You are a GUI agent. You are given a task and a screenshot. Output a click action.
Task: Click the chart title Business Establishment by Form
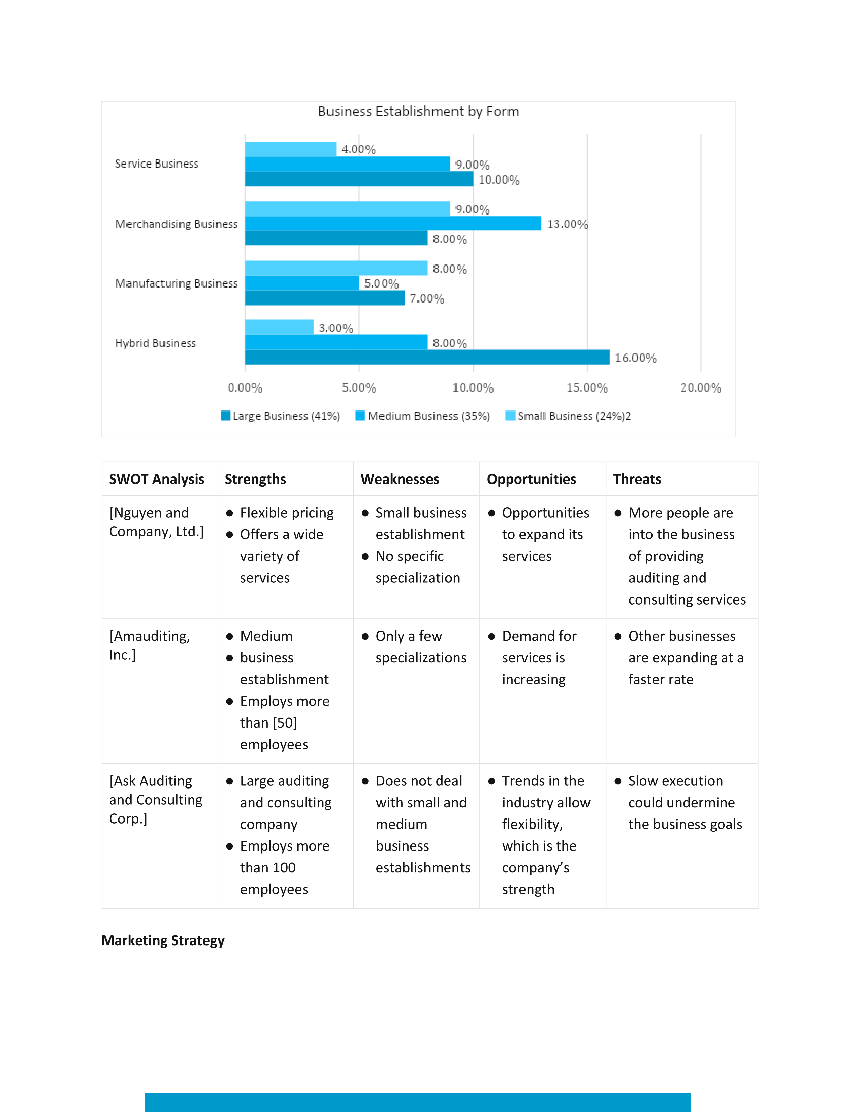(418, 112)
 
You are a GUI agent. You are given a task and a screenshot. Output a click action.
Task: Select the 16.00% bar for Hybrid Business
(427, 357)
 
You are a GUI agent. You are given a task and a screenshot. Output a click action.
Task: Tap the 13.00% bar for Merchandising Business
(393, 223)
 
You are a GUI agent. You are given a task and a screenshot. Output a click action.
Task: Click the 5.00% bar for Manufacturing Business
(302, 283)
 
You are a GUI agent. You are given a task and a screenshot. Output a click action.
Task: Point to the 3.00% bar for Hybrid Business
(279, 328)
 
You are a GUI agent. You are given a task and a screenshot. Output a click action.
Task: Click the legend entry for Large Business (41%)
(280, 416)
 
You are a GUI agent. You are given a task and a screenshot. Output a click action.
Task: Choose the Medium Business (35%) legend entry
(423, 416)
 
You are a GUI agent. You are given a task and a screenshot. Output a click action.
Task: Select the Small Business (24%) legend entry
(568, 416)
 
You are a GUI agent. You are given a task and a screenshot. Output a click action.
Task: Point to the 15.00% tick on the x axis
(587, 388)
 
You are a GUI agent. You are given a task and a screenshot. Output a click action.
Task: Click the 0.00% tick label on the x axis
(245, 388)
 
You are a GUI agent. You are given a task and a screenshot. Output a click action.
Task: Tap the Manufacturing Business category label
(177, 284)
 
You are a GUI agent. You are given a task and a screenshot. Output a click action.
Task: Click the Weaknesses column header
(400, 479)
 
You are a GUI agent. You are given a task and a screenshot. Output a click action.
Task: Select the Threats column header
(637, 479)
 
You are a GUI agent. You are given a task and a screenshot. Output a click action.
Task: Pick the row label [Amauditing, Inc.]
(150, 645)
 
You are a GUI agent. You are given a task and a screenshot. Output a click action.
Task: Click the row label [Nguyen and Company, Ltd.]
(157, 522)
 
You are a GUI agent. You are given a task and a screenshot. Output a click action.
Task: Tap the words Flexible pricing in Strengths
(287, 513)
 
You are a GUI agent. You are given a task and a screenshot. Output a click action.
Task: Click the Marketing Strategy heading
(163, 940)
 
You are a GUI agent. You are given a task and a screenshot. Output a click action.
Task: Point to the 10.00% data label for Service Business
(499, 180)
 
